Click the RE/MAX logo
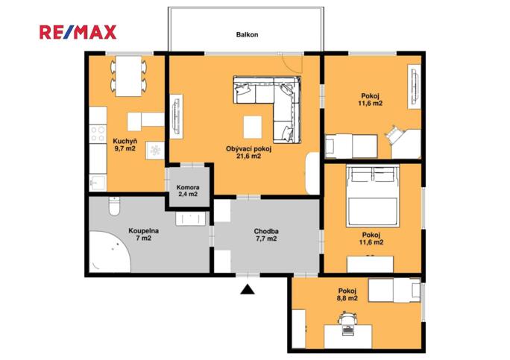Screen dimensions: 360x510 [78, 32]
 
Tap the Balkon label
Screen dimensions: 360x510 [247, 34]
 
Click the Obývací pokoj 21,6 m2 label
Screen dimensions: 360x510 [248, 152]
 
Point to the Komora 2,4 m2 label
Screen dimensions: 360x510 [188, 190]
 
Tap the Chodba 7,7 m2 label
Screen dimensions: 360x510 [266, 234]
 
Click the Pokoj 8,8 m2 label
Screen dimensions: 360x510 [347, 294]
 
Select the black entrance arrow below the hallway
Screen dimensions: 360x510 [247, 288]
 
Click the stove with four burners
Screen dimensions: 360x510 [97, 134]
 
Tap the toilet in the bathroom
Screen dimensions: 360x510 [113, 205]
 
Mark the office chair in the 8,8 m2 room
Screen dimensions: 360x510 [347, 321]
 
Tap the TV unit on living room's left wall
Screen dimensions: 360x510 [176, 116]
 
